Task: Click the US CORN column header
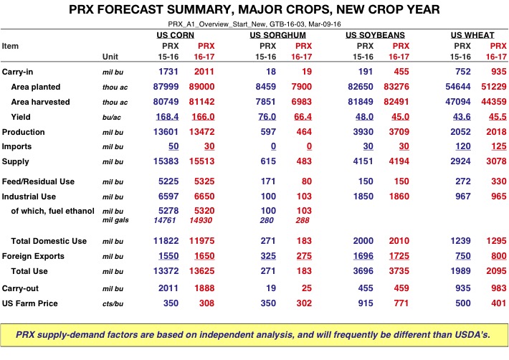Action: [181, 35]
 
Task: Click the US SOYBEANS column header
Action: [375, 35]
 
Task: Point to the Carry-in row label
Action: [19, 72]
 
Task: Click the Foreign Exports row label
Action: [33, 256]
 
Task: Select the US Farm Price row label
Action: [29, 303]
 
